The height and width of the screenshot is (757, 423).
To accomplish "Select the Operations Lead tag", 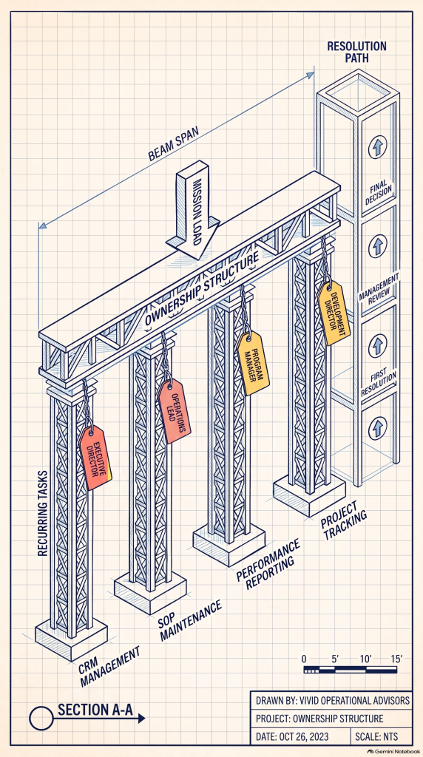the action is click(175, 411).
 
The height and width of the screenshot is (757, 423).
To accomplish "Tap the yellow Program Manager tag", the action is click(253, 362).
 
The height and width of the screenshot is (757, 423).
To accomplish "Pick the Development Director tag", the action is click(334, 313).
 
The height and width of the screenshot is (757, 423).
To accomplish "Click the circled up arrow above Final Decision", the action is click(378, 147).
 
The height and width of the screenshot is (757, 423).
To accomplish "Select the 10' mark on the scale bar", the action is click(365, 659).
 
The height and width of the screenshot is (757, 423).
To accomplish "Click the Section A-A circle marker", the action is click(41, 718).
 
